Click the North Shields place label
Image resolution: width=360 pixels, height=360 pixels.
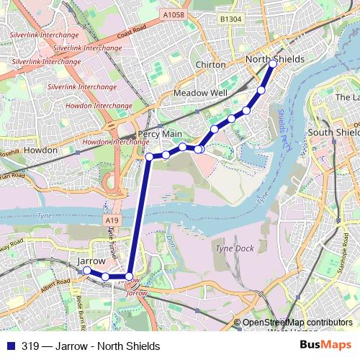click(275, 58)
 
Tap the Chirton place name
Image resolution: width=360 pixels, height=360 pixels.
click(211, 65)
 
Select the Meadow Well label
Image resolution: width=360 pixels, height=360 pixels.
click(200, 94)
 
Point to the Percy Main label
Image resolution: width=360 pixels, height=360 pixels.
click(160, 135)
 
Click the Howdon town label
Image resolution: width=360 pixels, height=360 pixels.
click(40, 150)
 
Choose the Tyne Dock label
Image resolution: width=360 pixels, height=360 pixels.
click(235, 248)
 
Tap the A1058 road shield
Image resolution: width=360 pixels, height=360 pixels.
click(173, 14)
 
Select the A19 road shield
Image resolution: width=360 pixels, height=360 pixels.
click(111, 220)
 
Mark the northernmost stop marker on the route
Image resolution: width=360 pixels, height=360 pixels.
click(273, 64)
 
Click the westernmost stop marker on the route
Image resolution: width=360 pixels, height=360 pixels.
click(87, 270)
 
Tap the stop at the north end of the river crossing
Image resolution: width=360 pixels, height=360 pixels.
click(149, 156)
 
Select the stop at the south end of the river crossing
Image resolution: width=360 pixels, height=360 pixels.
click(130, 276)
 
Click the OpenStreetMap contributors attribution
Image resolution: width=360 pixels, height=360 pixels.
click(297, 323)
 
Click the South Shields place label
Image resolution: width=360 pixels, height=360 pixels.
click(333, 132)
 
